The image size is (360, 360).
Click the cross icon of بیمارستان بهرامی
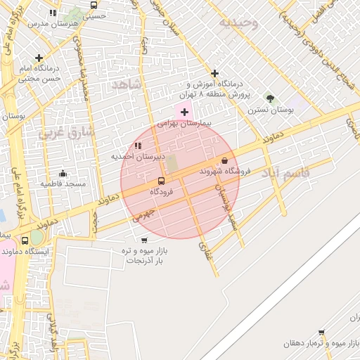point(184,112)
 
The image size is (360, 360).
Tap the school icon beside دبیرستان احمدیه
point(138,146)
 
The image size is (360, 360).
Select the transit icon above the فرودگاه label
point(162,181)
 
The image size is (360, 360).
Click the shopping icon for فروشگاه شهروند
point(224,161)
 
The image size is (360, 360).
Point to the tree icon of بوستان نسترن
point(271,98)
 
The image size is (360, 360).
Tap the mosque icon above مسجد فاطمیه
point(63,173)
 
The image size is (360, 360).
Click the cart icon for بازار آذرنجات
point(144,240)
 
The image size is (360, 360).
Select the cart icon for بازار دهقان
point(321,333)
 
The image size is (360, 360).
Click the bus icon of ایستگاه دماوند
point(26,240)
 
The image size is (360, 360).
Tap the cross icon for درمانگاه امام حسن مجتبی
point(39,58)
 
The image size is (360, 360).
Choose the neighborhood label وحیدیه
point(239,23)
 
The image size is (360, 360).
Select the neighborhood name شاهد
point(127,84)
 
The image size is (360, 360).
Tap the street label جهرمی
point(142,214)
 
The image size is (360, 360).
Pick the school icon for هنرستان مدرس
point(53,13)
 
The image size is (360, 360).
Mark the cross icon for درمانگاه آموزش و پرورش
point(214,73)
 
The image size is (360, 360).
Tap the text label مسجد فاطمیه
point(63,184)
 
